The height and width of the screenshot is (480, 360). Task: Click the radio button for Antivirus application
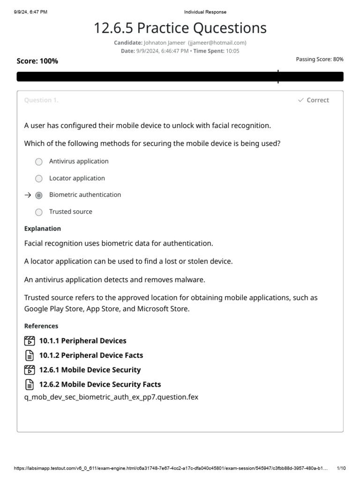[x=39, y=162]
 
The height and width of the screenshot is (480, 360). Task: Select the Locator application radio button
[x=39, y=179]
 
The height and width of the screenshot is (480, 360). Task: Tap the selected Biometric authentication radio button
[x=39, y=195]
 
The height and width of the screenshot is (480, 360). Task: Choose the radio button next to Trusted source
[x=39, y=212]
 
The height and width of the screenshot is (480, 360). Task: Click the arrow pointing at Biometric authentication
[x=27, y=195]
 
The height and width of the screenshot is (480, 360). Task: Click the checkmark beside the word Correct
[x=300, y=100]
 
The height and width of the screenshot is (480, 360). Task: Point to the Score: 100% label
[x=37, y=61]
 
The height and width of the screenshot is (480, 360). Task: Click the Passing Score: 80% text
[x=320, y=60]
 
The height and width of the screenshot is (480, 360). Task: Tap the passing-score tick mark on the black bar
[x=278, y=76]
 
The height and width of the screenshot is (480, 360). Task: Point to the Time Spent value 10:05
[x=232, y=51]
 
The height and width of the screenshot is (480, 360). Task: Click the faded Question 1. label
[x=41, y=100]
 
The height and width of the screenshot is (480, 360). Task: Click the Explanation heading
[x=43, y=229]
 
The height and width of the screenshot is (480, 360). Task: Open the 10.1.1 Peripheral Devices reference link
[x=82, y=341]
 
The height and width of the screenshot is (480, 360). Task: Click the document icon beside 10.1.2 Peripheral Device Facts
[x=29, y=355]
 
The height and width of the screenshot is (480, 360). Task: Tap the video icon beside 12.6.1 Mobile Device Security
[x=29, y=370]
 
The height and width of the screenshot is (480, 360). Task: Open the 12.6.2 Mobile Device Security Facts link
[x=100, y=384]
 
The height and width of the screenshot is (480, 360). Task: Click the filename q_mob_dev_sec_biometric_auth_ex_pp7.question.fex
[x=111, y=397]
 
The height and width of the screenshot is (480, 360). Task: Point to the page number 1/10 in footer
[x=341, y=468]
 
